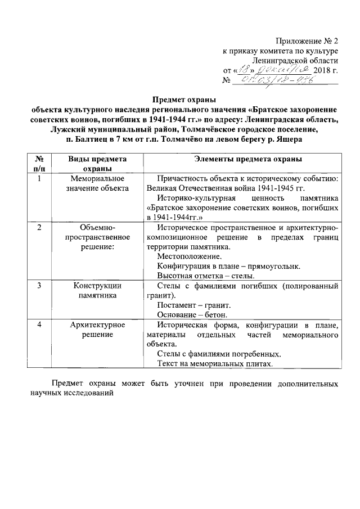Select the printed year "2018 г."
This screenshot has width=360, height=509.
tap(326, 70)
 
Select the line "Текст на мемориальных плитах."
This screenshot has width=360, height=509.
tap(215, 363)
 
